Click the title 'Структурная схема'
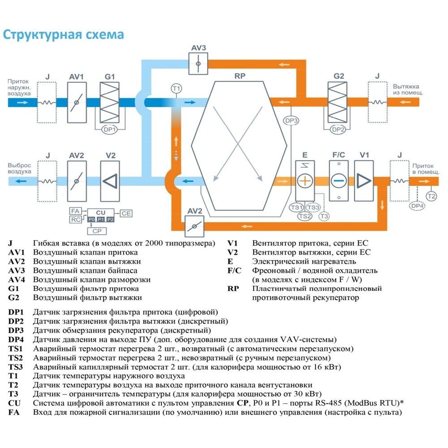63,35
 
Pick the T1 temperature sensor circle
177,88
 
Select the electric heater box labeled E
305,181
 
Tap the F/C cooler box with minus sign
339,181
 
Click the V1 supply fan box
364,181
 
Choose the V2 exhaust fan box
110,181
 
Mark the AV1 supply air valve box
77,102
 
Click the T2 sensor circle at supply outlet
431,196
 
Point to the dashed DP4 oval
417,206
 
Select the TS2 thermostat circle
305,215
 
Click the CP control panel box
97,231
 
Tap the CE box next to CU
126,214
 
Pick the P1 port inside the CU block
101,219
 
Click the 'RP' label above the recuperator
240,76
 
